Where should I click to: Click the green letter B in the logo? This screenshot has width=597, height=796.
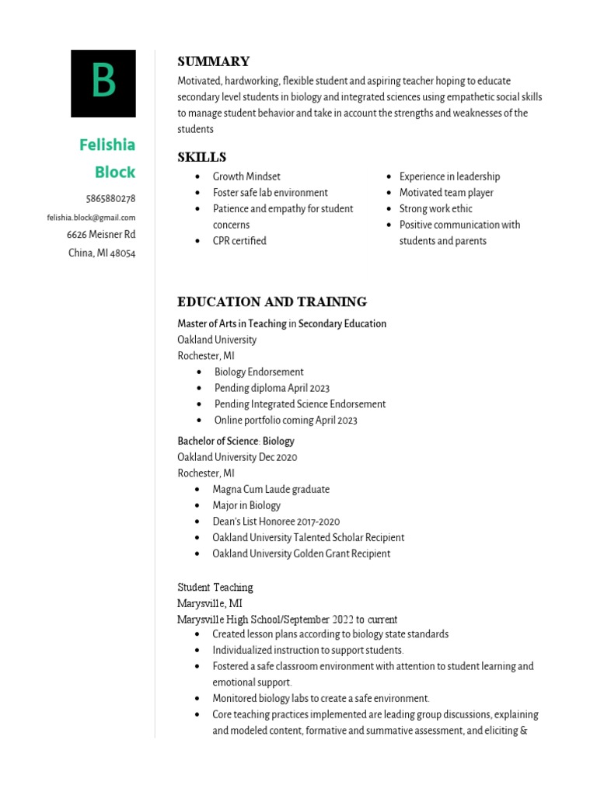pos(103,82)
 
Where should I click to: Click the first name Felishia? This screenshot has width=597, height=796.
pos(107,145)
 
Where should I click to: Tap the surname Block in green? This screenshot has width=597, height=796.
pos(115,172)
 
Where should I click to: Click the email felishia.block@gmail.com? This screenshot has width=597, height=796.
pos(91,218)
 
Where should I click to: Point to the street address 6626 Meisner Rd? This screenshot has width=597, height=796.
pos(101,234)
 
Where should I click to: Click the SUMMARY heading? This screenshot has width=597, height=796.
pos(213,61)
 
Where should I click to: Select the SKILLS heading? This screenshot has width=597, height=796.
pos(201,157)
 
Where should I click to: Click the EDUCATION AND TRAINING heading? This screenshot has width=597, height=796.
pos(272,302)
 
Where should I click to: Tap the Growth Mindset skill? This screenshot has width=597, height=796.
pos(246,176)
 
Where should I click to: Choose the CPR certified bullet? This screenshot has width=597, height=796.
pos(239,241)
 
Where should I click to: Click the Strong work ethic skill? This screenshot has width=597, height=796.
pos(435,208)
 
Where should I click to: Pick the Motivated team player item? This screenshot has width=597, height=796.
pos(446,193)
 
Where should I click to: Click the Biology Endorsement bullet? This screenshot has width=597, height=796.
pos(259,372)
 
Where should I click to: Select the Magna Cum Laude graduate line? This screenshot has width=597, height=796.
pos(271,489)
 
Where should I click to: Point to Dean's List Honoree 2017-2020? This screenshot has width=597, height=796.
pos(276,522)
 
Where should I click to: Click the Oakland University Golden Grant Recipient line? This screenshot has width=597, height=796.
pos(301,553)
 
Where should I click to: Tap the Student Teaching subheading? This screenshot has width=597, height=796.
pos(215,587)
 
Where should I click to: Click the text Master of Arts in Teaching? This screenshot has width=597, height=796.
pos(232,323)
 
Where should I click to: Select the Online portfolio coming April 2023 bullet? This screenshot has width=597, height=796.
pos(285,420)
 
